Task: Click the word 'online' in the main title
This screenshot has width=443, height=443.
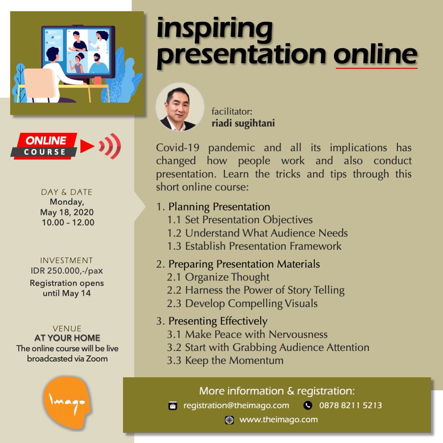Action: pyautogui.click(x=375, y=54)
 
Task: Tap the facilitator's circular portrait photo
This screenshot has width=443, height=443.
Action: pyautogui.click(x=180, y=107)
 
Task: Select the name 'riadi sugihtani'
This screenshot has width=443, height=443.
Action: pyautogui.click(x=243, y=123)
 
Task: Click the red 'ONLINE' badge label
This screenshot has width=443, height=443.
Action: pyautogui.click(x=46, y=141)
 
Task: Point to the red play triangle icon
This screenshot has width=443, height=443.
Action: pyautogui.click(x=87, y=146)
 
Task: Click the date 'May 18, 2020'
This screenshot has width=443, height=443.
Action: pyautogui.click(x=67, y=212)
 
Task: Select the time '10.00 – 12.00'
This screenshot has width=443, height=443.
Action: pyautogui.click(x=68, y=223)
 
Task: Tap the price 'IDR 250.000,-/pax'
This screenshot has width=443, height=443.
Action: pyautogui.click(x=67, y=271)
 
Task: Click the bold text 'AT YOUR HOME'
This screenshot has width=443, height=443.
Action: pyautogui.click(x=67, y=338)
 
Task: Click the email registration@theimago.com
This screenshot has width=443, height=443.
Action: pyautogui.click(x=236, y=405)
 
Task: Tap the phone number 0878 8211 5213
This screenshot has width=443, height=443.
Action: pyautogui.click(x=350, y=405)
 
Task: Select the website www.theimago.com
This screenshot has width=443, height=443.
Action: pyautogui.click(x=278, y=420)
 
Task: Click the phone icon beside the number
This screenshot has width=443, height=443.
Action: pyautogui.click(x=308, y=406)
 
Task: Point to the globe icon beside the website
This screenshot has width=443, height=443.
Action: pyautogui.click(x=229, y=420)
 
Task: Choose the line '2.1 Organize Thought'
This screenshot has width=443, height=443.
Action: pyautogui.click(x=218, y=277)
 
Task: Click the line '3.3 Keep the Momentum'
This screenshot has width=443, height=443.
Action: pyautogui.click(x=225, y=360)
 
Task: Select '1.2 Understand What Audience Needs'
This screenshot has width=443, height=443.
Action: pyautogui.click(x=257, y=233)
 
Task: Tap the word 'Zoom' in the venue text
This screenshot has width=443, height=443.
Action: pyautogui.click(x=97, y=359)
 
